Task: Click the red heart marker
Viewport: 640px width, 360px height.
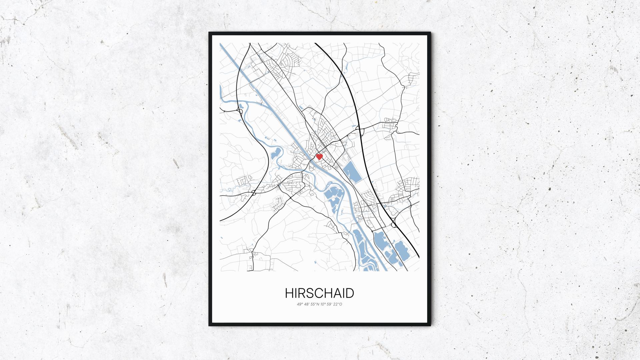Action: click(319, 156)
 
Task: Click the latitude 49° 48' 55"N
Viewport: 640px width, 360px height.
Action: click(308, 304)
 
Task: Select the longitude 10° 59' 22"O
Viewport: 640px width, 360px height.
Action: click(331, 304)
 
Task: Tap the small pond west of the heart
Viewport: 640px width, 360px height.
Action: click(276, 154)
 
